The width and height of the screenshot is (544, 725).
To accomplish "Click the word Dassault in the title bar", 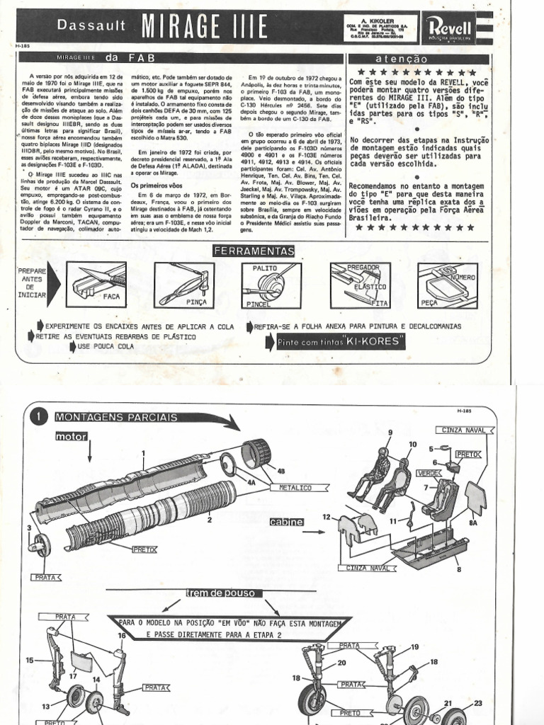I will pos(96,26).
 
